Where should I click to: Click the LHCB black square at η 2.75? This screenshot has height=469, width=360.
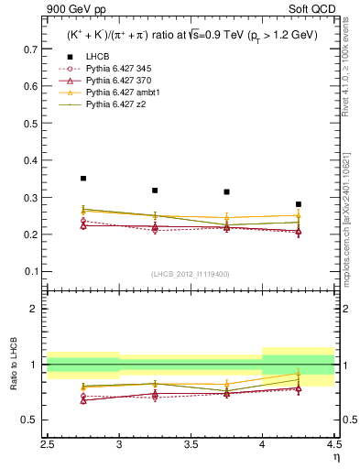click(83, 179)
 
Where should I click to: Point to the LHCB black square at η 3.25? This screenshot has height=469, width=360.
click(155, 191)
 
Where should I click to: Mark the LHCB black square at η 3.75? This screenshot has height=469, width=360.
click(226, 192)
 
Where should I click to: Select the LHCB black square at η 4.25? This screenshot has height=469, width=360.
click(299, 204)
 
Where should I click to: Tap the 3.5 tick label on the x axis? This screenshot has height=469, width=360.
click(191, 445)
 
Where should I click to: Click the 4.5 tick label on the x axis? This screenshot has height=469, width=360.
click(333, 445)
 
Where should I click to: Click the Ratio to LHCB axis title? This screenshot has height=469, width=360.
click(13, 367)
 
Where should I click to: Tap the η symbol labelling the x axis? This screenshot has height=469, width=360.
click(336, 456)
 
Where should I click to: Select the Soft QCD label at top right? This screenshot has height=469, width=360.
click(317, 10)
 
